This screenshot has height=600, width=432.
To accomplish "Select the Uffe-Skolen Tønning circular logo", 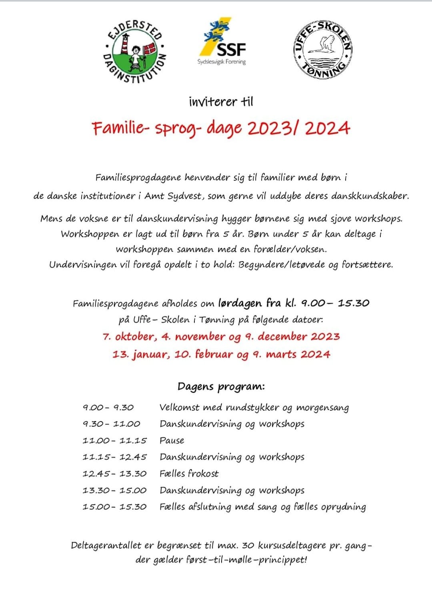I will click(323, 50).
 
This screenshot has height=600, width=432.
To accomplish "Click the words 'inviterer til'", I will click(221, 102).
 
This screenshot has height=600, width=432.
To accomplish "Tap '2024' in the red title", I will click(327, 128).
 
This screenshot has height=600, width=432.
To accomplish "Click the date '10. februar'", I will click(204, 354).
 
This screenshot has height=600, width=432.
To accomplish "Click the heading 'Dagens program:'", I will click(221, 387).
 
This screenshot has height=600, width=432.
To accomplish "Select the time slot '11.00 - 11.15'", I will click(114, 440).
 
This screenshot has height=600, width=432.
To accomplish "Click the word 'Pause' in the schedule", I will click(172, 440).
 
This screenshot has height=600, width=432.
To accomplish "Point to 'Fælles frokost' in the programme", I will click(189, 474).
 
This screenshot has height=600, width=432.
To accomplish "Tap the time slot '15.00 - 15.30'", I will click(114, 507).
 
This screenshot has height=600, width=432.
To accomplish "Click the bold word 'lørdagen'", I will click(240, 303).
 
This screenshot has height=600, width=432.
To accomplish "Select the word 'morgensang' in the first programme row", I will click(322, 408).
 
